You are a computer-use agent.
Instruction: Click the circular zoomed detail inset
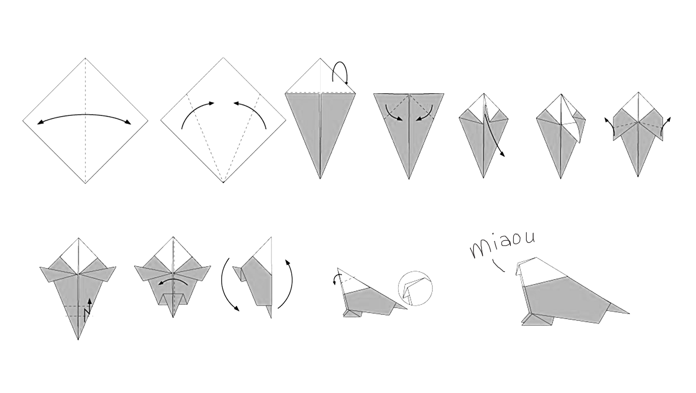coord(415,289)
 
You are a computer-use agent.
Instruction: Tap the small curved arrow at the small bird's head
coord(336,278)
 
